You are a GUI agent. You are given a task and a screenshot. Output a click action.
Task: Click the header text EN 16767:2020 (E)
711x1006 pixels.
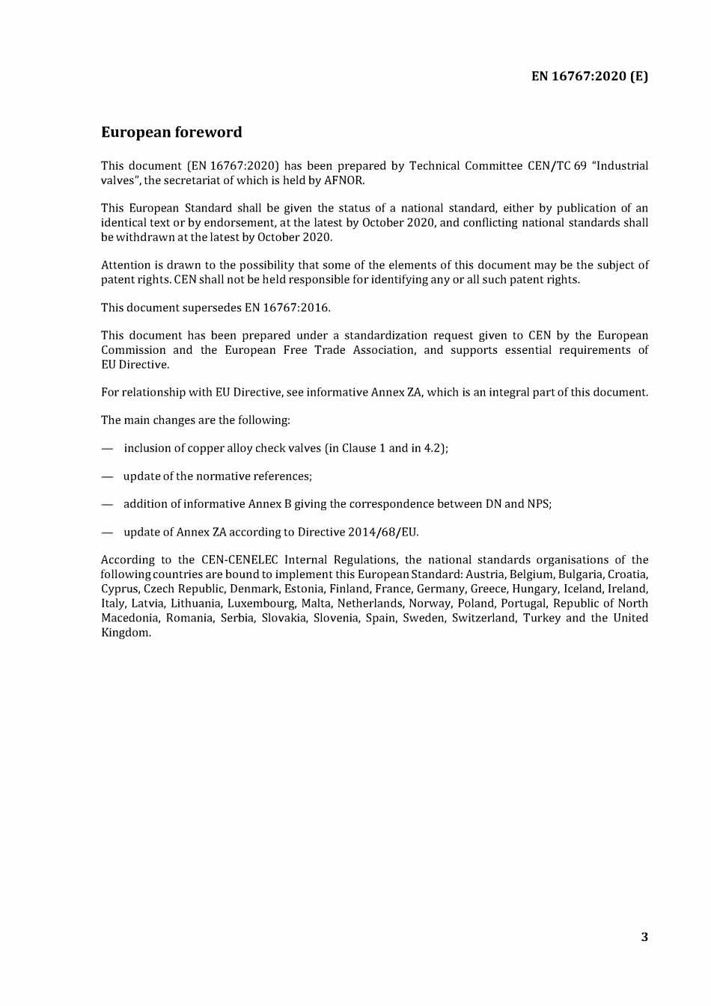point(590,76)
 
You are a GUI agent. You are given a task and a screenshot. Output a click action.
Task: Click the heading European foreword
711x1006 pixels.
point(171,132)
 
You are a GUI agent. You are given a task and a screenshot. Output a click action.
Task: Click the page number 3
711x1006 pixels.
point(644,937)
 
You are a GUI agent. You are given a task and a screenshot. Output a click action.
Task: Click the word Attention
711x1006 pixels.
point(126,265)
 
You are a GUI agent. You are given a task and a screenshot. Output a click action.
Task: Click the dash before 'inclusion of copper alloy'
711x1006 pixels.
point(108,449)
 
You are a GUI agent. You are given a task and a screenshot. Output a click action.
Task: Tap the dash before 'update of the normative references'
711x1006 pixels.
point(108,476)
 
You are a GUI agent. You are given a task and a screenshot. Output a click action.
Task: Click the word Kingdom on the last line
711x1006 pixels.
point(125,633)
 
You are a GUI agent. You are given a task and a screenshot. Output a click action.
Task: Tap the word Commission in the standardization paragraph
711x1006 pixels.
point(133,350)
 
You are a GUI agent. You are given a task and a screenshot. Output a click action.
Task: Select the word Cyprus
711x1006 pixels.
point(119,589)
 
